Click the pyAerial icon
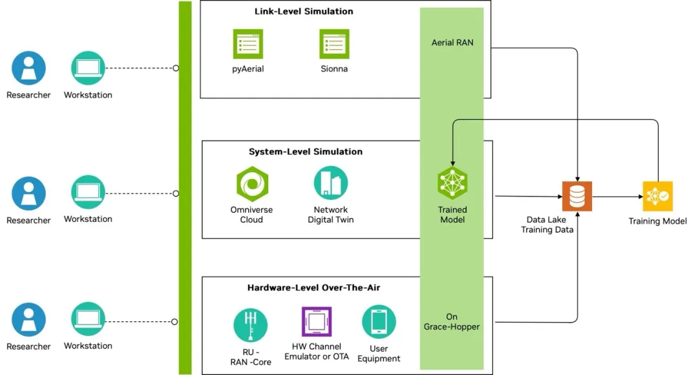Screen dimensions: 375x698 point(248,44)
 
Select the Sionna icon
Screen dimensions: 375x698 point(334,44)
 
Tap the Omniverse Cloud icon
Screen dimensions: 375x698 point(251,184)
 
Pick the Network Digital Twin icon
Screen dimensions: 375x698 point(331,183)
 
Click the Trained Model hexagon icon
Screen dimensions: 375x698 point(452,183)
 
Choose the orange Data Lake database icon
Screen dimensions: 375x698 point(577,196)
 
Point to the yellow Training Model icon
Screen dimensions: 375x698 point(657,196)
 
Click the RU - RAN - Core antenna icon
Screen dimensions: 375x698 point(250,325)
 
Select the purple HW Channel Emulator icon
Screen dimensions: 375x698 point(317,322)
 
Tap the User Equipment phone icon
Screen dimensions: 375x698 point(379,322)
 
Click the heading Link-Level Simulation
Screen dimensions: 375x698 point(304,11)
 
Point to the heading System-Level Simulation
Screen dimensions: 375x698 point(306,152)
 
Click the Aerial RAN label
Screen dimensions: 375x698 point(452,43)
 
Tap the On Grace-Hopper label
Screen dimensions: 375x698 point(452,321)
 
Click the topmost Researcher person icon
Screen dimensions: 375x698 point(28,68)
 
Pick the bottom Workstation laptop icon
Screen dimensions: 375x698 point(88,319)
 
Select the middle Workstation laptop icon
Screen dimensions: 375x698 point(88,193)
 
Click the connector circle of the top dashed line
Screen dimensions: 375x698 point(176,68)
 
